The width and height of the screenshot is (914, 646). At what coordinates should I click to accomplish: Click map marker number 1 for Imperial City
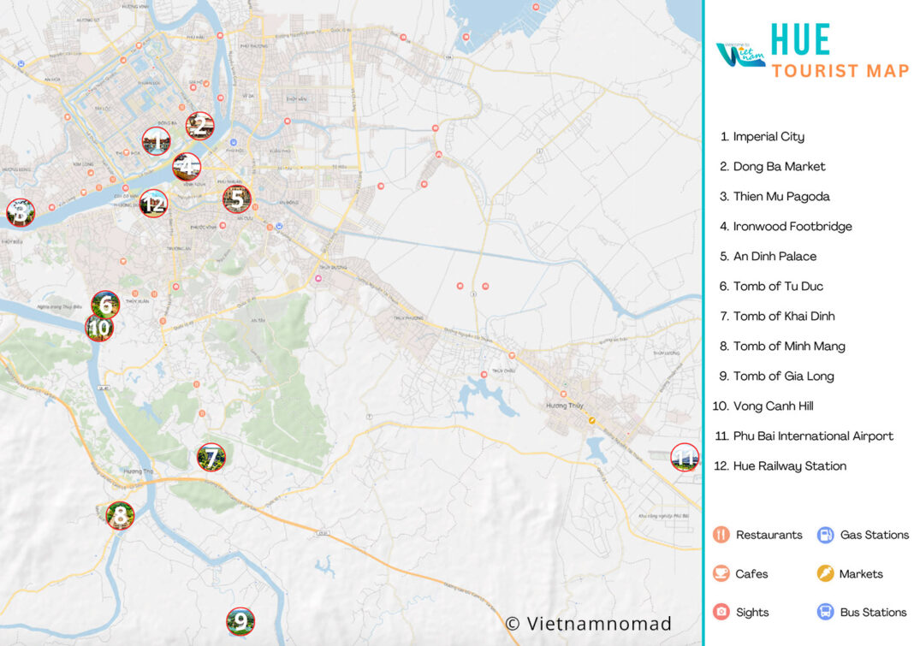156,141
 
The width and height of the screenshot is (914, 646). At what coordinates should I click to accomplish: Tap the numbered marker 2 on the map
199,126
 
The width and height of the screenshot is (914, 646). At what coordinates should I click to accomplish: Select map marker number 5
237,199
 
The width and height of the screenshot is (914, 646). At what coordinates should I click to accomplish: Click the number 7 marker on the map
211,457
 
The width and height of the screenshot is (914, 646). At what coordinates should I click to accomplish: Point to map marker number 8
121,515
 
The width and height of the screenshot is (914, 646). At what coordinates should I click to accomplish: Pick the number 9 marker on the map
240,621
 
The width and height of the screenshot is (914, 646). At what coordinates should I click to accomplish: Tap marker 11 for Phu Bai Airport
685,458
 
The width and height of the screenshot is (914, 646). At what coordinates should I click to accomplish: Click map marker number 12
153,204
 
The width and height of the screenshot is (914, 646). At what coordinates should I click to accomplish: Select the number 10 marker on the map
99,327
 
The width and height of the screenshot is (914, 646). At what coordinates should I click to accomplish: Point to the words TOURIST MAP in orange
840,71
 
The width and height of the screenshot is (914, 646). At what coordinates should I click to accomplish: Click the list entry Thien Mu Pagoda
780,197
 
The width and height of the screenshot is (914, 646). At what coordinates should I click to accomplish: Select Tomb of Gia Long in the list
783,376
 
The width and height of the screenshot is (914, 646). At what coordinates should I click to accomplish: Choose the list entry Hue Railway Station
789,466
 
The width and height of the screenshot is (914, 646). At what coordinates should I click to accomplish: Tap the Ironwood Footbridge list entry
792,227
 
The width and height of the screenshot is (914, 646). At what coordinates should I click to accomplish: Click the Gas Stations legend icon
825,535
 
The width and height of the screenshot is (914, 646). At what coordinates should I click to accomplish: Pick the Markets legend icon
825,573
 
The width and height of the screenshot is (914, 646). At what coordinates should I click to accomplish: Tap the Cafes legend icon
721,573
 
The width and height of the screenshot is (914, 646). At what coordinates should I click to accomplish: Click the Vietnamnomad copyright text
588,624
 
